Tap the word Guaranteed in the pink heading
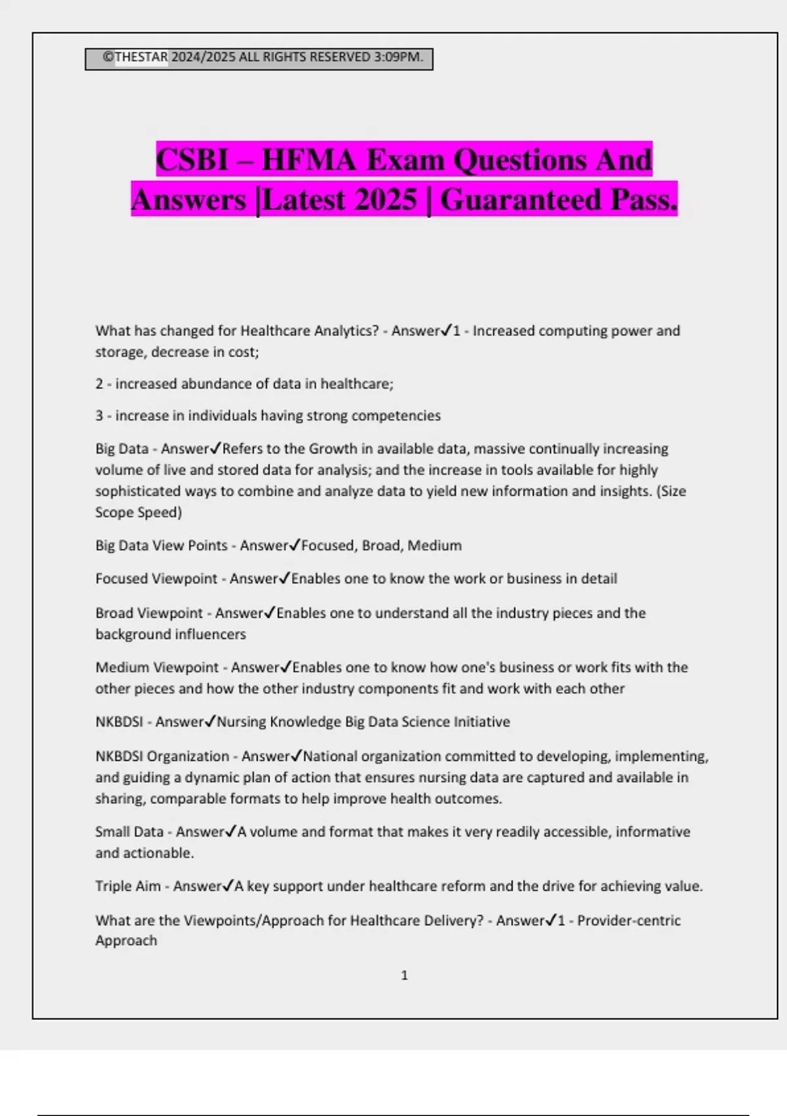coord(521,200)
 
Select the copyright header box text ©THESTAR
coord(136,57)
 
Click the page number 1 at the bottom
coord(404,976)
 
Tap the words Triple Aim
coord(128,886)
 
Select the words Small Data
coord(129,832)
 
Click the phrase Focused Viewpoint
coord(156,578)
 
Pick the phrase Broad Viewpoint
coord(149,613)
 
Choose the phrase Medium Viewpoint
coord(157,668)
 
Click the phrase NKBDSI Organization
coord(162,756)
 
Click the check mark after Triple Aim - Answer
coord(228,886)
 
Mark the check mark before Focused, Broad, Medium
coord(295,545)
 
